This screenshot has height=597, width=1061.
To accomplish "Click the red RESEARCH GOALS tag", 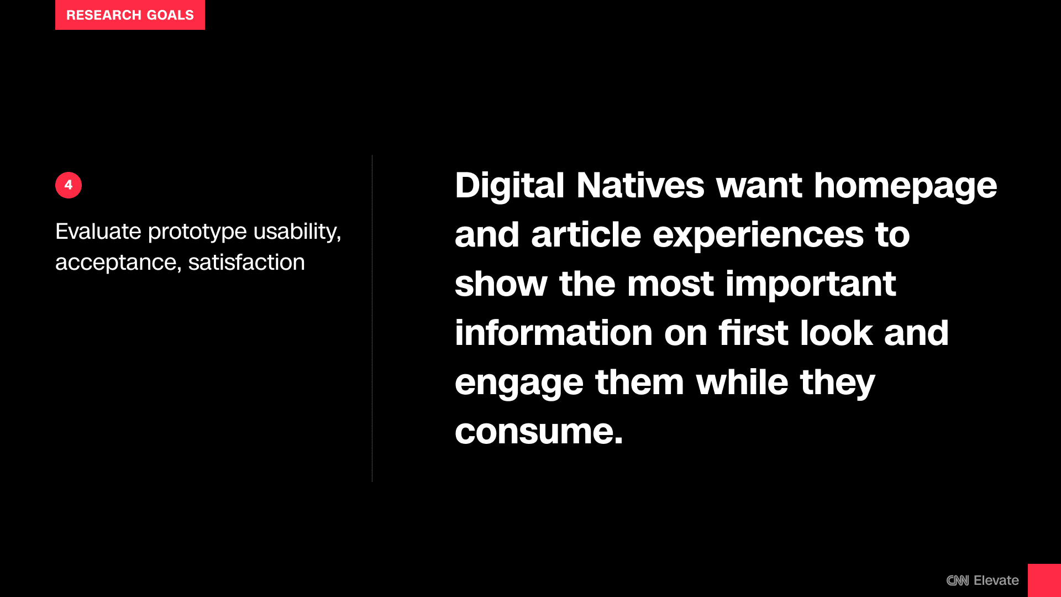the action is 130,15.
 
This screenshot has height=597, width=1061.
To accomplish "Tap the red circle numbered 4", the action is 69,185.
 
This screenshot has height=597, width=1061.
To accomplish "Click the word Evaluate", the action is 98,231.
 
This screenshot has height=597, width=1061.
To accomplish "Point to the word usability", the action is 297,232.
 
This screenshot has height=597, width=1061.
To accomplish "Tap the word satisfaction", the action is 246,262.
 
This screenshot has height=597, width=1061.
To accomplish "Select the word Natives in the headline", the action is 640,185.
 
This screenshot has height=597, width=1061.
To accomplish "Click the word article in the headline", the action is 586,235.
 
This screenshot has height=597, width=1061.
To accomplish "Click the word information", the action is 554,333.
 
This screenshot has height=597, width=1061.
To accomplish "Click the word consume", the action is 539,432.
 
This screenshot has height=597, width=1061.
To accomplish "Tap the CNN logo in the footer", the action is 958,580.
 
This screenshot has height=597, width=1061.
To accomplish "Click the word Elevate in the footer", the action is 996,580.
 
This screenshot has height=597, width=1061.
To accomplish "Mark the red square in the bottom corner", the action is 1044,580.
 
